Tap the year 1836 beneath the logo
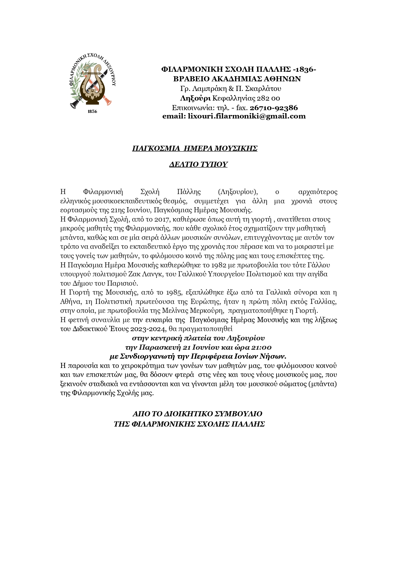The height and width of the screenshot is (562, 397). (x=92, y=111)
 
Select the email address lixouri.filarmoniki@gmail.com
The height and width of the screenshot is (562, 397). (x=246, y=116)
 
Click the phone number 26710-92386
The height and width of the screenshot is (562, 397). (x=274, y=108)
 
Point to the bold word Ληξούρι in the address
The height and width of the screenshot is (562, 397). (x=195, y=98)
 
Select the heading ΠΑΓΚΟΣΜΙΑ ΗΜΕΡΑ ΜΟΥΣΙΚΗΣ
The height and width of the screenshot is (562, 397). (x=195, y=148)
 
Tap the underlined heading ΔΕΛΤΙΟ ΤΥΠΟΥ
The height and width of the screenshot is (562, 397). (x=198, y=164)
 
